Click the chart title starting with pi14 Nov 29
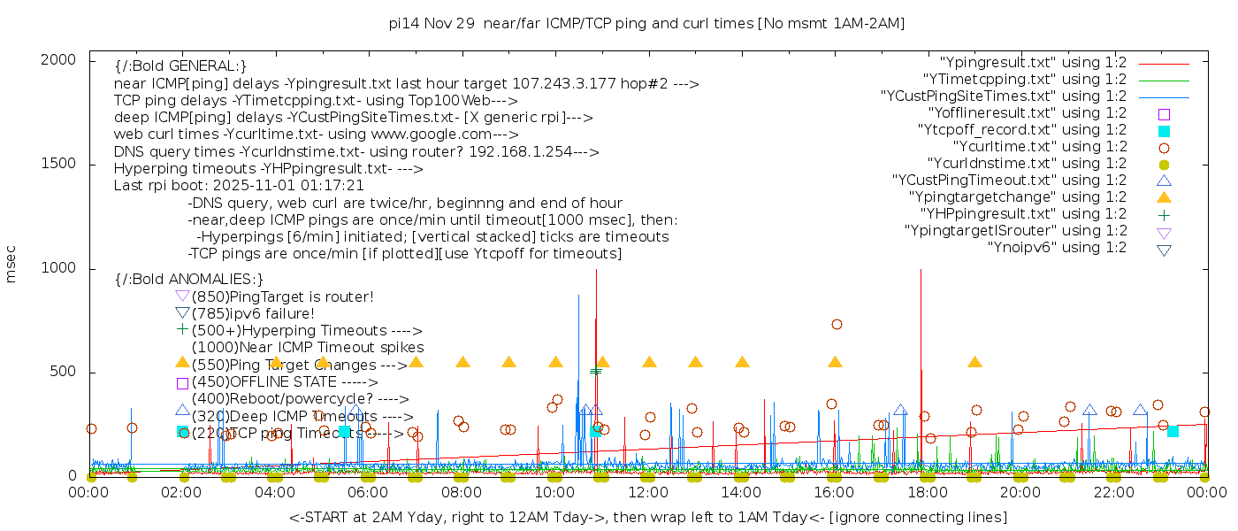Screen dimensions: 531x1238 [646, 24]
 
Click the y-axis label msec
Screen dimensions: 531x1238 [11, 265]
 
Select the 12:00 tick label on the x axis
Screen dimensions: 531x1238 [648, 493]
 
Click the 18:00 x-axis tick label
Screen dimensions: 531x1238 [927, 493]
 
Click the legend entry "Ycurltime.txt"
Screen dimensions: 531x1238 [1039, 147]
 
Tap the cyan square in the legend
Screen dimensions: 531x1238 [1164, 131]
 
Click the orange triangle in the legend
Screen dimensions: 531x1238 [1164, 197]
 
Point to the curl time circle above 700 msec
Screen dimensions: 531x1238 [837, 325]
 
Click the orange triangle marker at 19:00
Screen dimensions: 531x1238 [974, 362]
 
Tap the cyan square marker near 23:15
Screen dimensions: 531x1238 [1173, 431]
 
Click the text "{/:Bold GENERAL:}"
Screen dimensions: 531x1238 [180, 66]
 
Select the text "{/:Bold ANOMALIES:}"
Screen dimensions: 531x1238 [189, 280]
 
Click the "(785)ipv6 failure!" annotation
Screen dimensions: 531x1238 [253, 313]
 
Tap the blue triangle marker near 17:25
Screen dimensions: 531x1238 [900, 411]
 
